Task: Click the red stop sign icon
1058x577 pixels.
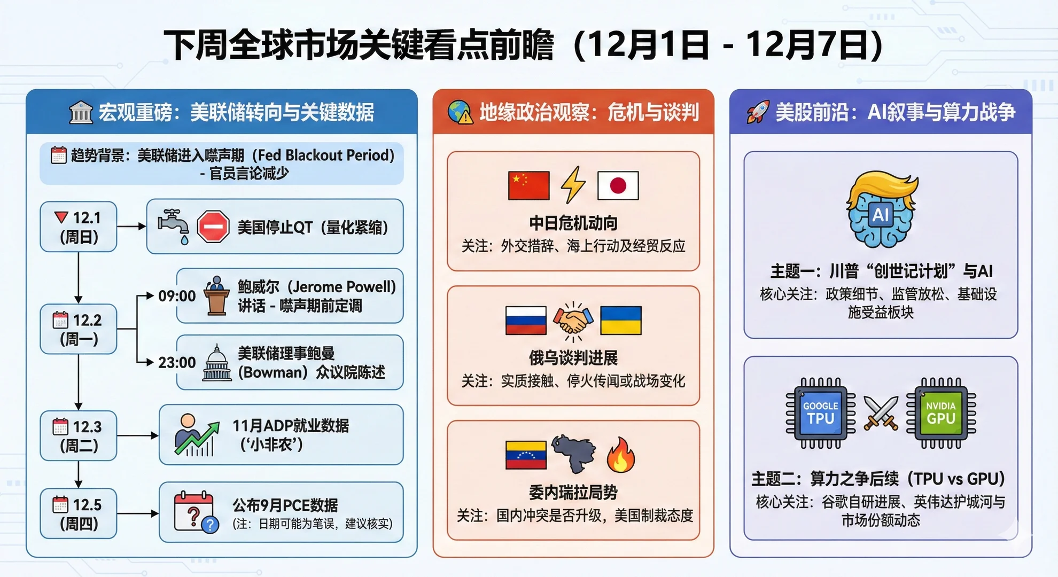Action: point(213,227)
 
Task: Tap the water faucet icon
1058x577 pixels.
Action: point(173,225)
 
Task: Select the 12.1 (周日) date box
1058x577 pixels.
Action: point(79,227)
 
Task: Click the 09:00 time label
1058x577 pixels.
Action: point(177,296)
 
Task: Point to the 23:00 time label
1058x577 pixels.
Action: point(177,363)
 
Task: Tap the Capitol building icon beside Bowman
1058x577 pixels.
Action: point(217,363)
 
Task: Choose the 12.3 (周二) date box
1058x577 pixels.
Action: point(79,435)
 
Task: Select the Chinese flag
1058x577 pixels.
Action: point(528,185)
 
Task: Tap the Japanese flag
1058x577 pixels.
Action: point(618,185)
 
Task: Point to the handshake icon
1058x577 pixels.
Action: point(573,321)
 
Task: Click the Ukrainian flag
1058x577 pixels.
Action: point(621,320)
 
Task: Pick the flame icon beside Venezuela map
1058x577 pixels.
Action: point(621,455)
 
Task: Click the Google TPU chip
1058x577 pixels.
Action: point(821,413)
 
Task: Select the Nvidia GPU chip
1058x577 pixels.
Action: point(941,413)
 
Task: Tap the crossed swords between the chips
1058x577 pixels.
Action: point(881,413)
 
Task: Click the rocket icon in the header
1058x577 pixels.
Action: point(758,112)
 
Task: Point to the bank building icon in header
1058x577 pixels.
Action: point(81,112)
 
